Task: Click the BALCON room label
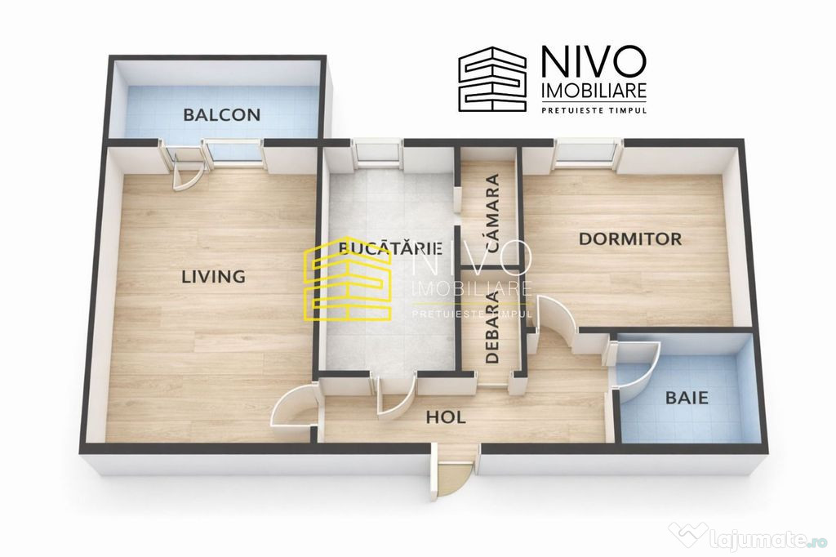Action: click(222, 114)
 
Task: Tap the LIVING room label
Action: click(214, 276)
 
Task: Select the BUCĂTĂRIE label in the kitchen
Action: click(391, 248)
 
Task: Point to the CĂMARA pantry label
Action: click(493, 213)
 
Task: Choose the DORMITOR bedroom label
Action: click(630, 238)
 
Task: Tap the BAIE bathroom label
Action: click(687, 398)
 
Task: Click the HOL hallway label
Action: click(446, 417)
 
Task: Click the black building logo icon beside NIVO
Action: click(492, 79)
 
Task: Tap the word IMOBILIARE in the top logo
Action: click(594, 91)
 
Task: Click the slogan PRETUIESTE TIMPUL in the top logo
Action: click(594, 110)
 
